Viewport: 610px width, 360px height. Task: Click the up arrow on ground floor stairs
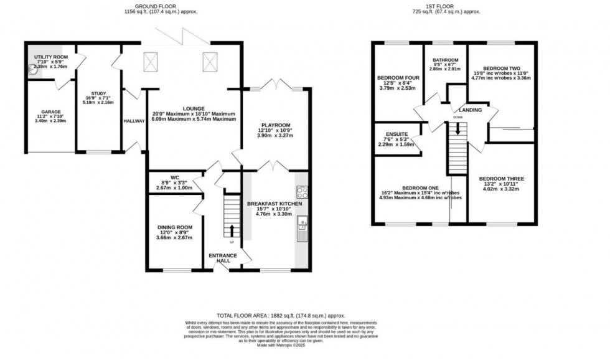pos(232,230)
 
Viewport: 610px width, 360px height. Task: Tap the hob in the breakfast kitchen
pos(301,192)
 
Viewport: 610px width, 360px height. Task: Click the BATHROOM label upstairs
pos(446,61)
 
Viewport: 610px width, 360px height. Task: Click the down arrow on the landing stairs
pos(458,128)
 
